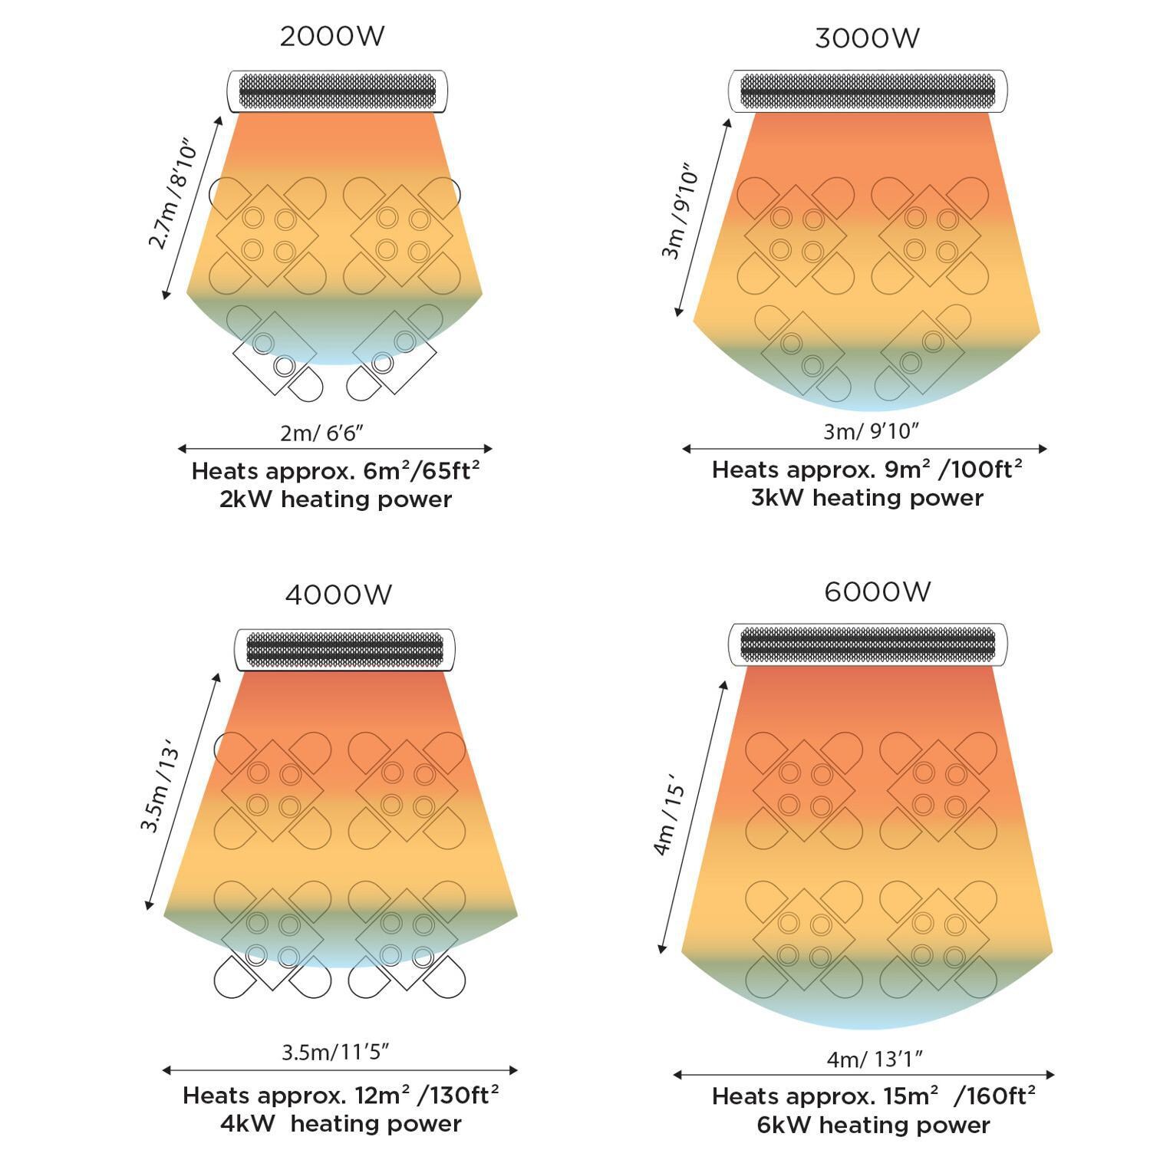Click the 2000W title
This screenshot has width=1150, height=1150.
point(331,36)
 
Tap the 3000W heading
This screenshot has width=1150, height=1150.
point(867,38)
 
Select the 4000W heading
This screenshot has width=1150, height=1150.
point(338,595)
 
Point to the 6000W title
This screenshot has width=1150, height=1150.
point(878,592)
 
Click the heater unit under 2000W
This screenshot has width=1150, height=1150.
point(337,92)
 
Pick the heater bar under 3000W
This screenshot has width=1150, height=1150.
point(868,91)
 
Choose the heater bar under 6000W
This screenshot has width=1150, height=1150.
point(868,645)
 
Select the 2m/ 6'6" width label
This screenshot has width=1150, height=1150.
point(321,433)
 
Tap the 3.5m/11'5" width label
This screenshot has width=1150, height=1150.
point(335,1052)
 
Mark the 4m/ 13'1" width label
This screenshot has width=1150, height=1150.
point(875,1059)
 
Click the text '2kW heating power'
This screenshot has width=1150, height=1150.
point(335,499)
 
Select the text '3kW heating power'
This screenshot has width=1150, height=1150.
point(867,498)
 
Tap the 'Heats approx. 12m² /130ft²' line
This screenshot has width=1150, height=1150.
point(341,1095)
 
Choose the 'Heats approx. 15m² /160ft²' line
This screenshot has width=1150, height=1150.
point(874,1096)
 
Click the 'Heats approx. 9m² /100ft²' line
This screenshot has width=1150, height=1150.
point(867,469)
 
